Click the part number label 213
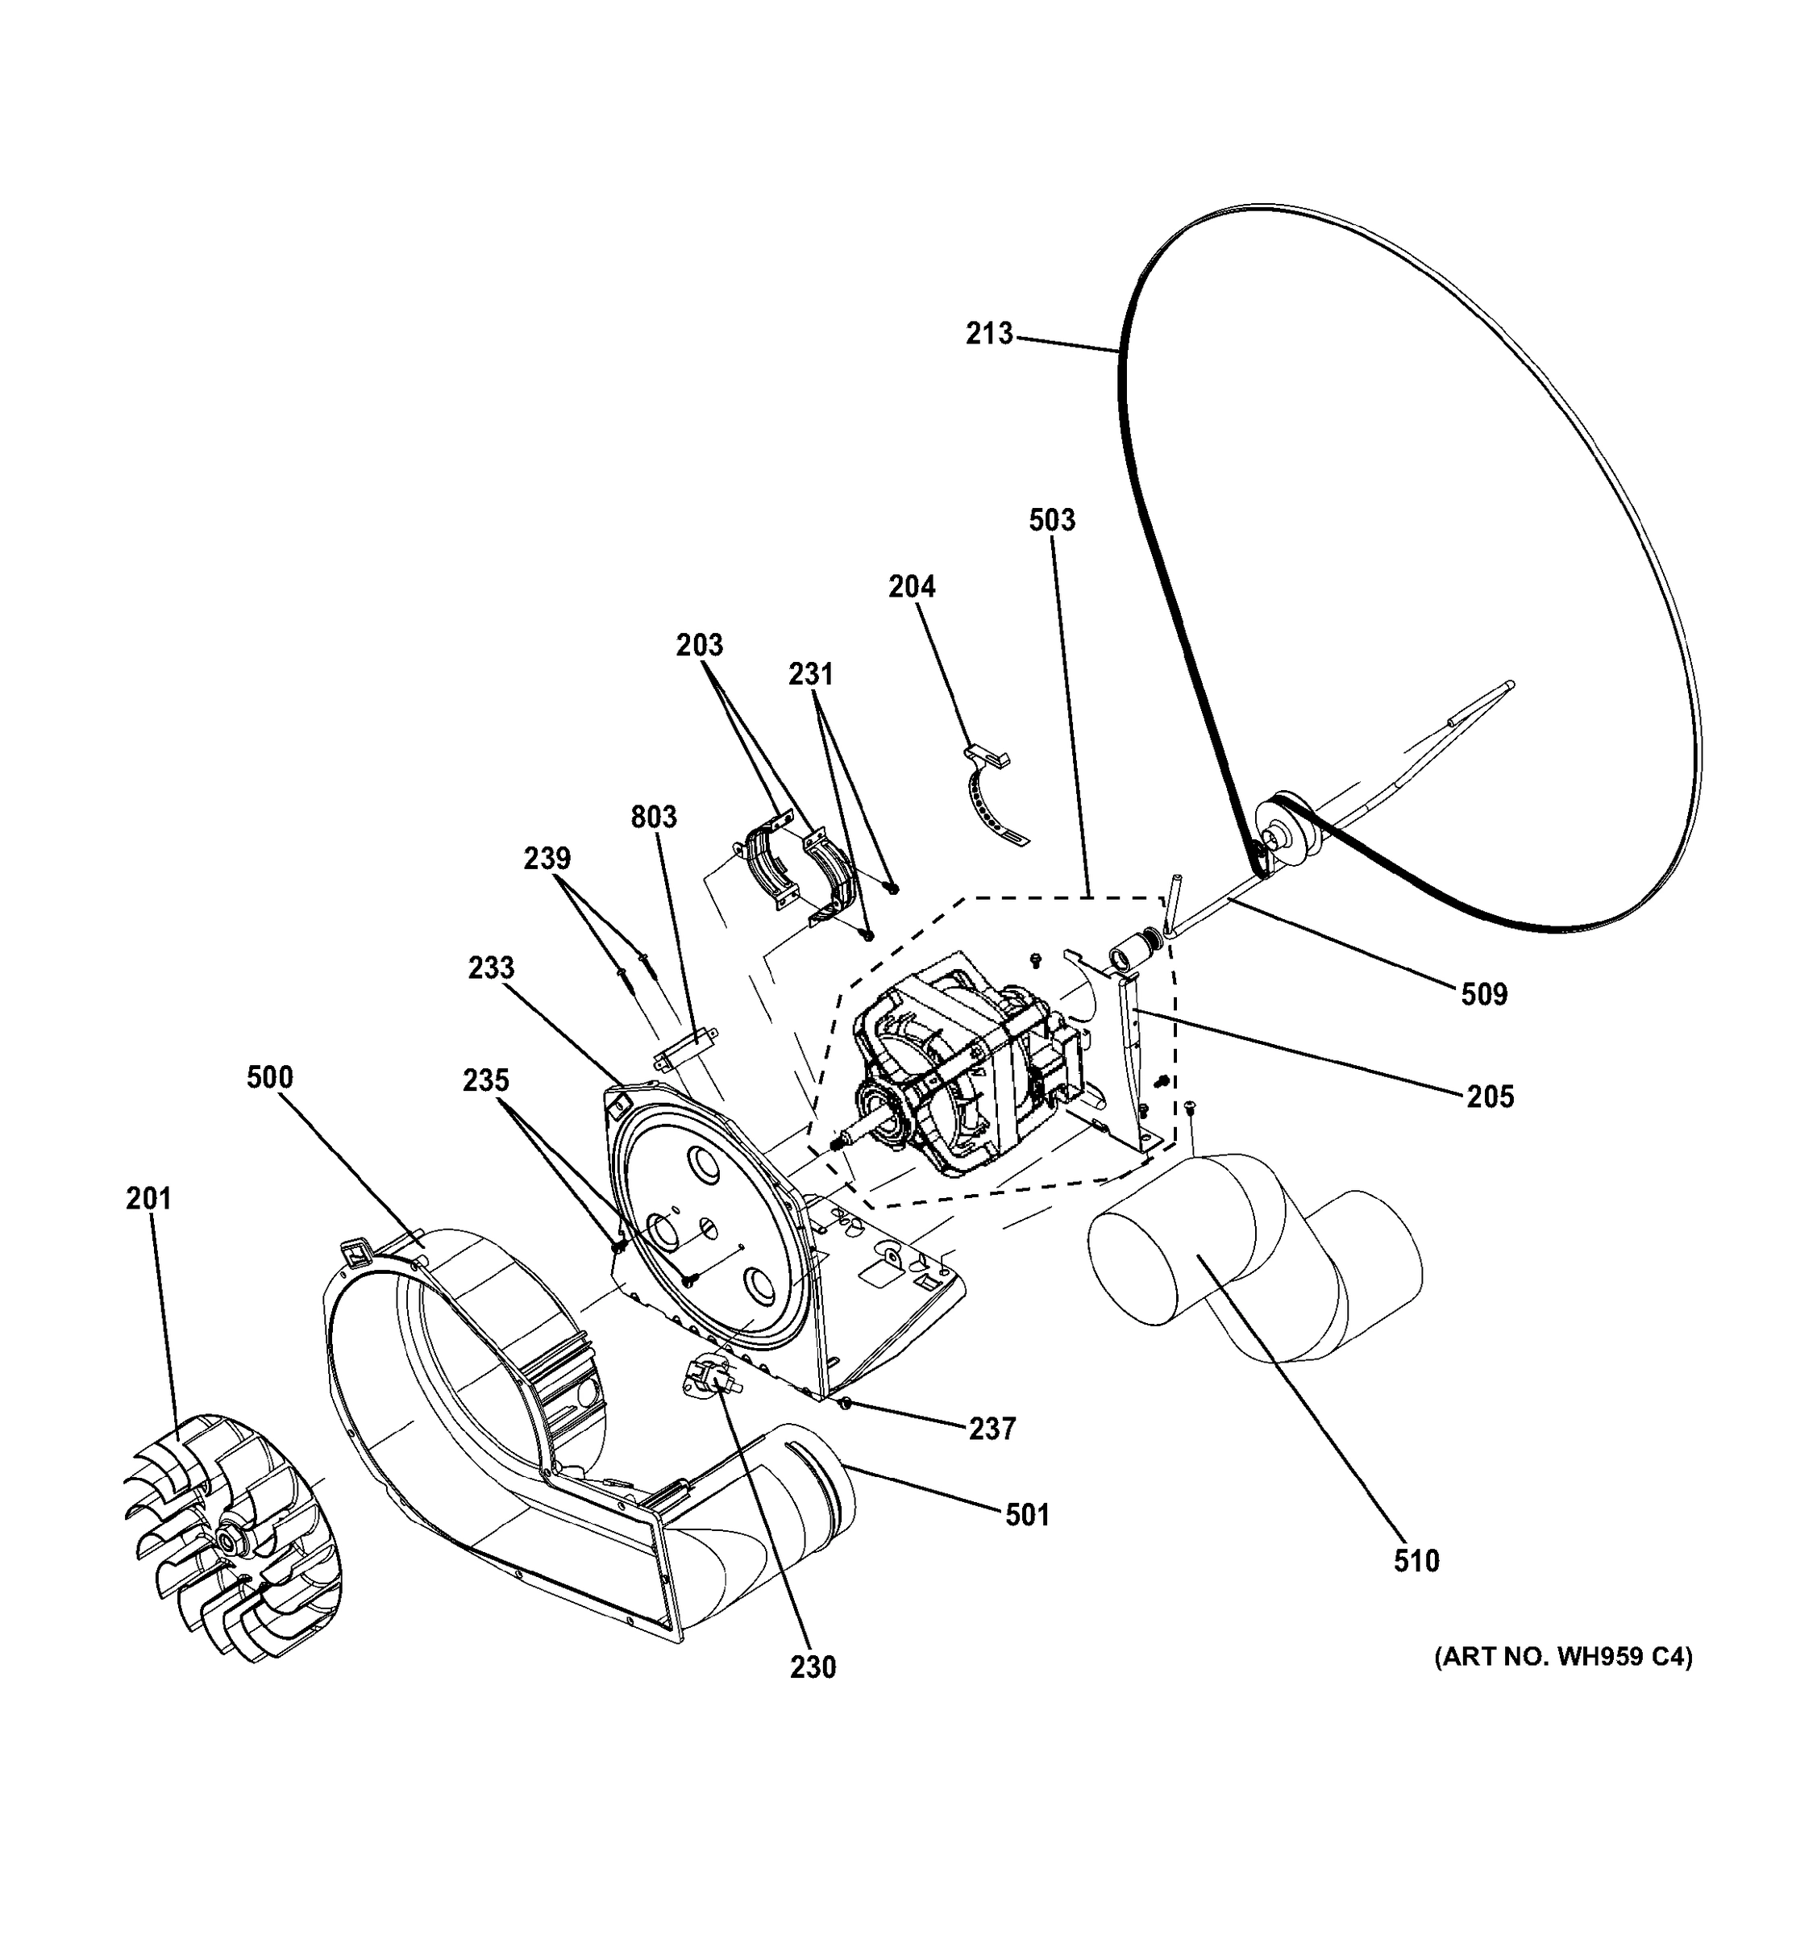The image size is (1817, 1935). pos(989,334)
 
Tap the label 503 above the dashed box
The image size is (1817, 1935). pos(1052,520)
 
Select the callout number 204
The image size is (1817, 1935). pos(912,587)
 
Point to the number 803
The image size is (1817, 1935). pos(653,817)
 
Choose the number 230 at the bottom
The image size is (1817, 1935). pos(813,1667)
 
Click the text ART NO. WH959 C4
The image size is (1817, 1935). pos(1563,1657)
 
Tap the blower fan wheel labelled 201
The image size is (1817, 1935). pos(234,1538)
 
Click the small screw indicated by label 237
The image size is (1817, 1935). pos(846,1403)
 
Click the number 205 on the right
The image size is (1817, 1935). pos(1490,1097)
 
